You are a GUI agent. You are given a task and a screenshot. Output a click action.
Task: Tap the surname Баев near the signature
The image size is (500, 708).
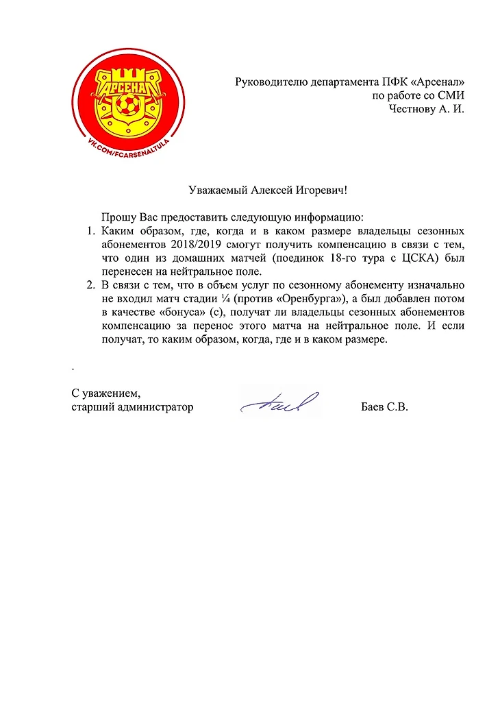pos(372,407)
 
